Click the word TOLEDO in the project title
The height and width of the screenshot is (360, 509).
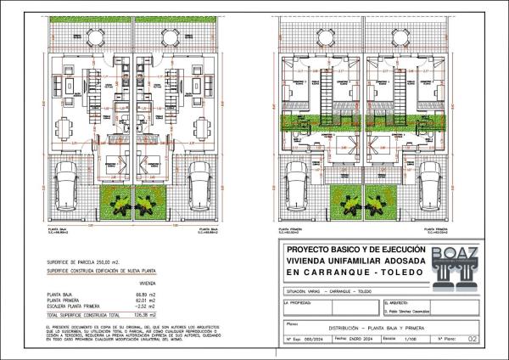(x=394, y=273)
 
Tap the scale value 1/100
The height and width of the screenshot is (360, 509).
(x=411, y=338)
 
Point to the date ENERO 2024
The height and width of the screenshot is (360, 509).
(x=361, y=338)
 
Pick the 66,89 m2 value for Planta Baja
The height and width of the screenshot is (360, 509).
(x=148, y=293)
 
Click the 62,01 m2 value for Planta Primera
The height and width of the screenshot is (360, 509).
(x=148, y=299)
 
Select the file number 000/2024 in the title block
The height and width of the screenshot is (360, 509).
(x=315, y=338)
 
